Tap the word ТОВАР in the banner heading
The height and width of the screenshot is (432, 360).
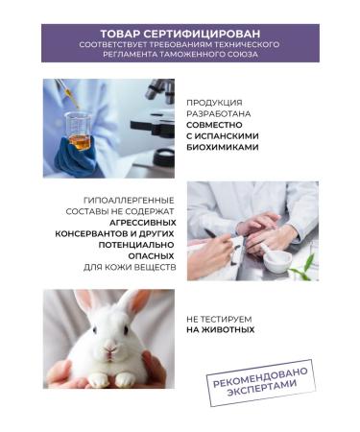(120, 34)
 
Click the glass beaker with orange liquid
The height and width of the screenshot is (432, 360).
(78, 131)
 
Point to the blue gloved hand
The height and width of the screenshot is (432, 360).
(77, 156)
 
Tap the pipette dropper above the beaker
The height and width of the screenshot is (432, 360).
(67, 93)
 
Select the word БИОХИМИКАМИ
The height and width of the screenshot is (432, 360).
(223, 148)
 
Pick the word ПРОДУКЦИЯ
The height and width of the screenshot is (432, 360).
(214, 103)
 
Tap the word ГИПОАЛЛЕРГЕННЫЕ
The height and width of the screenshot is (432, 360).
(129, 201)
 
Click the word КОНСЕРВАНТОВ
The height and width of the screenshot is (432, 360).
(92, 233)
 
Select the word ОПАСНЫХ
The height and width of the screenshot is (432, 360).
(151, 256)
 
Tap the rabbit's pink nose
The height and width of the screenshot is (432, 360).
(110, 347)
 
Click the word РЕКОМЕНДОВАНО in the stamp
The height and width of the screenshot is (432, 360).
(260, 376)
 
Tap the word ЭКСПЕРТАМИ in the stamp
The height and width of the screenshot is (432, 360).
(262, 389)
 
